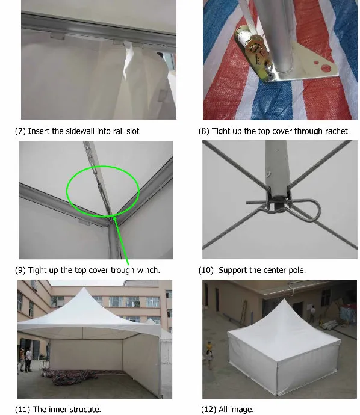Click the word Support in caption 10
point(232,270)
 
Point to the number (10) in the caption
point(206,270)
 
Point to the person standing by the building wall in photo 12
point(312,312)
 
